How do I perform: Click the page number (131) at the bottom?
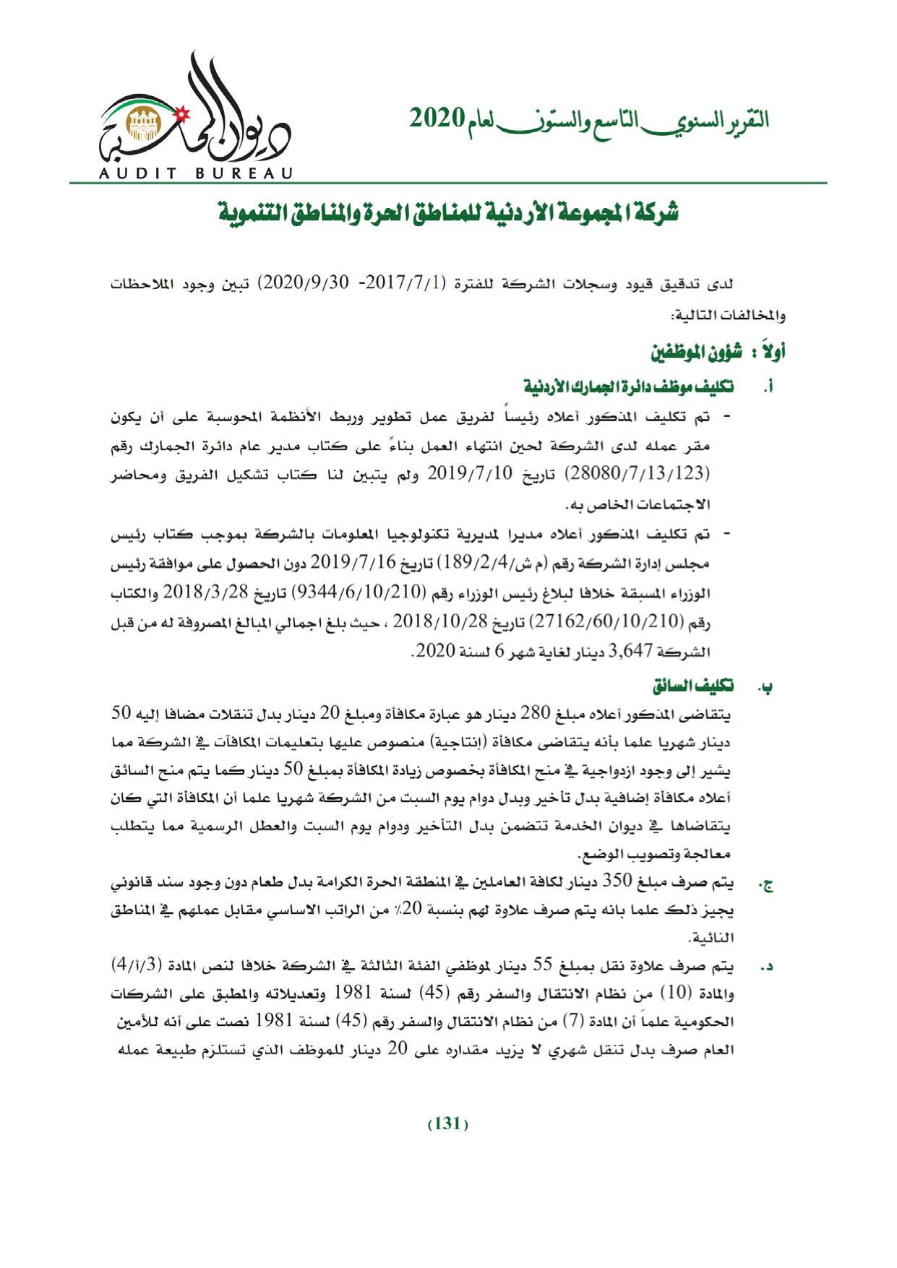point(448,1124)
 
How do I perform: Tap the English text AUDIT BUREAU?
point(196,173)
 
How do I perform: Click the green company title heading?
point(448,214)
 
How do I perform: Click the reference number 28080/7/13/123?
point(636,474)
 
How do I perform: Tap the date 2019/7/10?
point(471,474)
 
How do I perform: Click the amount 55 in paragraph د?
point(543,966)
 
